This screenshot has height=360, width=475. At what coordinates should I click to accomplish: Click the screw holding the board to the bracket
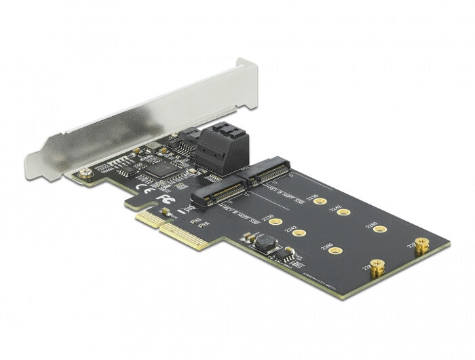coord(85,174)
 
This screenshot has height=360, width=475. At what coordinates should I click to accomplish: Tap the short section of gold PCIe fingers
coord(150,217)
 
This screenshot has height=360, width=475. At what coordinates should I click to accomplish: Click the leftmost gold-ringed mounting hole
coord(273,220)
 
